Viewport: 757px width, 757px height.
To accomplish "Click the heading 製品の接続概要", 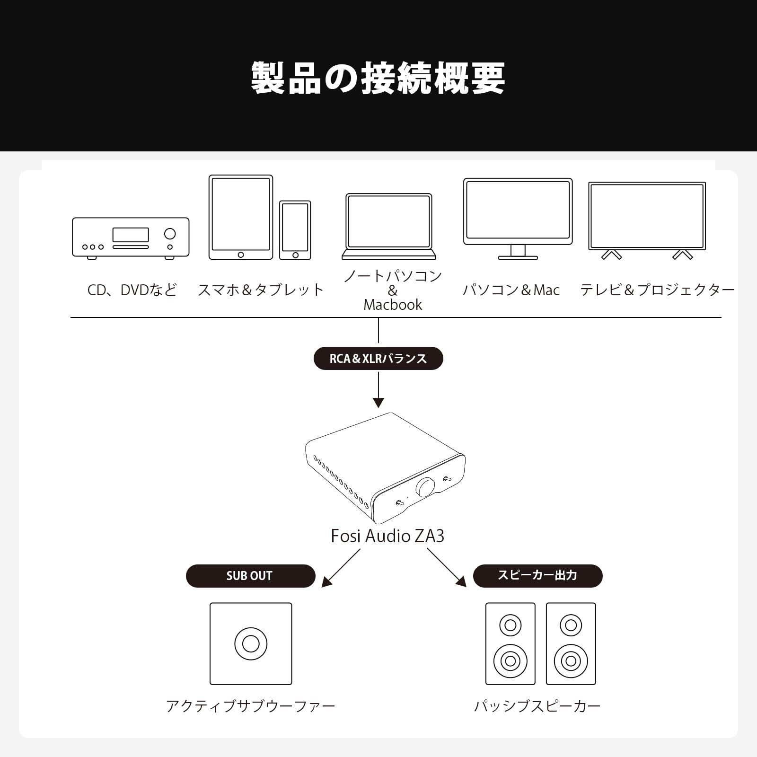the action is [x=378, y=78].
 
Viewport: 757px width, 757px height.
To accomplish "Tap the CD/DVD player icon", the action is [x=131, y=238].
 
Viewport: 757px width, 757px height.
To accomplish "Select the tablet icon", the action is [x=241, y=217].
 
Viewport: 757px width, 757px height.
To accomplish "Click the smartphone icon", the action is [x=295, y=230].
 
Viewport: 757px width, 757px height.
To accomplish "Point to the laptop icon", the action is [x=389, y=226].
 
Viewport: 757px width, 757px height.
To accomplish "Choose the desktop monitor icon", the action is [x=518, y=219].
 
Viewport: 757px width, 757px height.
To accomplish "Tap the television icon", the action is [x=647, y=220].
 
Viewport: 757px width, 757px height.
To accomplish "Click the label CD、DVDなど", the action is [x=132, y=290].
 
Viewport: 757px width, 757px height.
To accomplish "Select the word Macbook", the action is [x=393, y=305].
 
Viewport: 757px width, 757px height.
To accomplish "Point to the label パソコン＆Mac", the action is [x=511, y=290].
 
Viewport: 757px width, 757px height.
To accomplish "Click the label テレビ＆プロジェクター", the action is [x=657, y=290].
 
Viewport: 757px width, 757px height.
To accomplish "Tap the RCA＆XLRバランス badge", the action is [x=378, y=358].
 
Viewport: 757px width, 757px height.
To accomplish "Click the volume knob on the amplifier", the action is [x=425, y=487].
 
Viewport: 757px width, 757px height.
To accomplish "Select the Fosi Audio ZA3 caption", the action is [x=387, y=536].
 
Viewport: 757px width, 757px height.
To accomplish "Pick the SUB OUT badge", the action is [x=250, y=576].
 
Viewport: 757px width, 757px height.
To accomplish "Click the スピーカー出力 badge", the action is [x=538, y=576].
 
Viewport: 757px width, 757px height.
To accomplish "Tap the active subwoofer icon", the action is [x=251, y=643].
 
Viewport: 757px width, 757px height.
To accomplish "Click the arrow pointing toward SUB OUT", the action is [x=341, y=568].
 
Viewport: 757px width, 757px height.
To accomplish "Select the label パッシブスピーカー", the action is [x=537, y=706].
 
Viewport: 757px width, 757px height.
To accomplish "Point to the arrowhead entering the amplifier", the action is [x=378, y=403].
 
